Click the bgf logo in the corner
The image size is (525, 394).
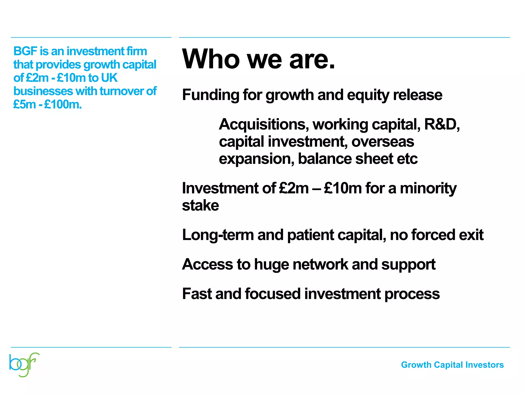click(x=24, y=365)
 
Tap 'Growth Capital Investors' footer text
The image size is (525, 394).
click(x=452, y=365)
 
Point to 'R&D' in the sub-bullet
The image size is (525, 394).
click(x=440, y=124)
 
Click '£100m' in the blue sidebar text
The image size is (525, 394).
click(x=63, y=104)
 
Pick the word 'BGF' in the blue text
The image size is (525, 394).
click(x=25, y=51)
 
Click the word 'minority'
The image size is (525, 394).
click(x=428, y=188)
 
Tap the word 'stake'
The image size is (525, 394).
click(x=200, y=205)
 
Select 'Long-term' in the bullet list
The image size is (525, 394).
click(x=218, y=235)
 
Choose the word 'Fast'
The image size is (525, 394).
click(x=197, y=294)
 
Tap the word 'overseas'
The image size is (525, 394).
click(x=382, y=142)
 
